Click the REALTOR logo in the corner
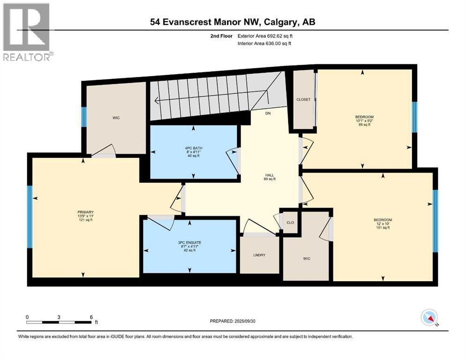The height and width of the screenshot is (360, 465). tap(27, 31)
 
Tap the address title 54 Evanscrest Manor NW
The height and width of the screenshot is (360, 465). tap(235, 22)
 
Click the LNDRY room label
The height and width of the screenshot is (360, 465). tap(259, 255)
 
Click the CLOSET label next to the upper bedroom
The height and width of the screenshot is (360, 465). tap(303, 99)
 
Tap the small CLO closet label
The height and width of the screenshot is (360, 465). tap(290, 222)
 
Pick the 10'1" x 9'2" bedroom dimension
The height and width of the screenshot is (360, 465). tap(364, 120)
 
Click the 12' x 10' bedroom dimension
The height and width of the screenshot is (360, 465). tap(383, 224)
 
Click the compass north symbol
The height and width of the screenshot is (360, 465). tap(429, 318)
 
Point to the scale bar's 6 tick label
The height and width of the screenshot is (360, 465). tap(91, 317)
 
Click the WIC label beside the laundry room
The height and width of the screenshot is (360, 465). tap(306, 258)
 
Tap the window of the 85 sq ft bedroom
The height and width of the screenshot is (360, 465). tap(414, 118)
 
